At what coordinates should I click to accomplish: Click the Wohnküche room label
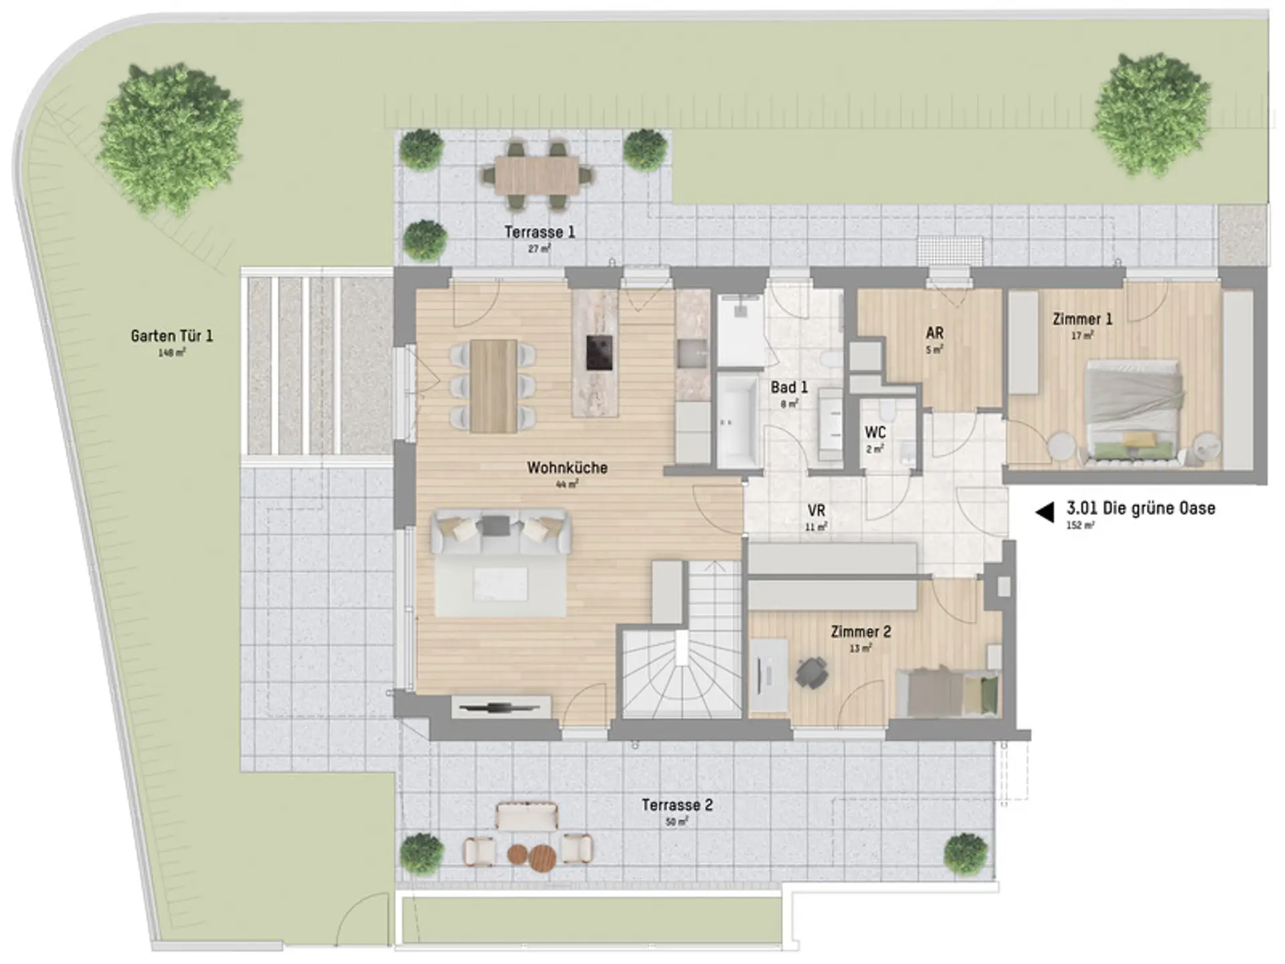[x=567, y=467]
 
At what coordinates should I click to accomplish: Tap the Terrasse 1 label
[x=539, y=232]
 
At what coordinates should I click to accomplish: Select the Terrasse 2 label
[x=677, y=805]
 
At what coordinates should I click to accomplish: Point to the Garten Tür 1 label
[x=172, y=335]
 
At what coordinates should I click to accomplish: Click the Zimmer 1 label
[x=1082, y=319]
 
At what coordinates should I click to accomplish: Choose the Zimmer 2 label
[x=861, y=631]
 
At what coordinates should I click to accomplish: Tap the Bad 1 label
[x=789, y=387]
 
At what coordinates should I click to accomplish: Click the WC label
[x=875, y=432]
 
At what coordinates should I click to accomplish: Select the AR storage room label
[x=935, y=333]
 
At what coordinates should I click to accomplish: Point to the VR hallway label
[x=816, y=511]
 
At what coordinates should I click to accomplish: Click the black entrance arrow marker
[x=1045, y=512]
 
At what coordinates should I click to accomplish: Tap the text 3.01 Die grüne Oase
[x=1141, y=508]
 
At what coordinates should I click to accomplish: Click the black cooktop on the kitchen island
[x=599, y=352]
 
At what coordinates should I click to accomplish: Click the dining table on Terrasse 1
[x=537, y=175]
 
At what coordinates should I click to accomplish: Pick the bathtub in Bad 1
[x=738, y=420]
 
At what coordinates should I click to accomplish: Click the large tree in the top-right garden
[x=1152, y=114]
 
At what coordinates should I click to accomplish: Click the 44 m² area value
[x=567, y=483]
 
